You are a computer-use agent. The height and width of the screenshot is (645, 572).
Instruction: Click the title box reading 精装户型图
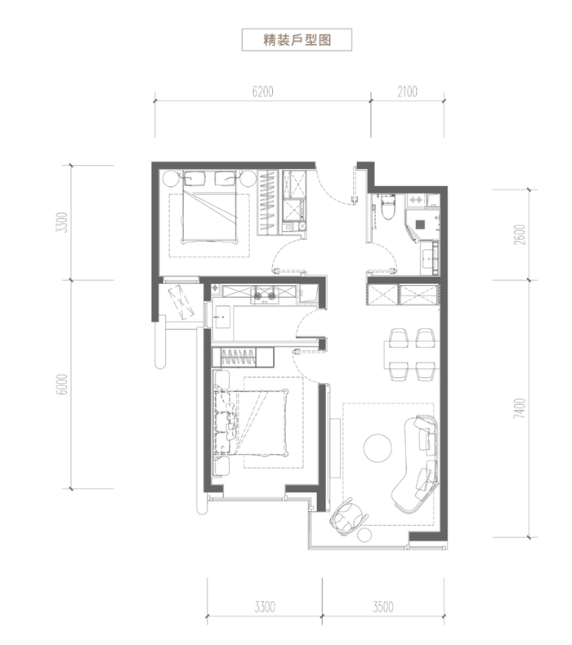297,39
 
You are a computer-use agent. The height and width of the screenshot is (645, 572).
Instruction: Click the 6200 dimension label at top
263,91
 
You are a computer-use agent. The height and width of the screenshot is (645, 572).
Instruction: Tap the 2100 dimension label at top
407,91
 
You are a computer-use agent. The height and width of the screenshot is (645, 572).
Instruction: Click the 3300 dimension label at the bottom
265,607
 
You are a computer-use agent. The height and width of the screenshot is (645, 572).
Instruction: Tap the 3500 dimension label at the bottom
383,607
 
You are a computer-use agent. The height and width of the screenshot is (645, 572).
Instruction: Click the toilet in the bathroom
388,207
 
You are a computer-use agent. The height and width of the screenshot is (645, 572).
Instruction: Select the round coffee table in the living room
378,448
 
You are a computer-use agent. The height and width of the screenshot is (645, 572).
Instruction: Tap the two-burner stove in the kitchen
265,296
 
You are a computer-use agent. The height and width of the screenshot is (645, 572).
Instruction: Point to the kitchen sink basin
223,317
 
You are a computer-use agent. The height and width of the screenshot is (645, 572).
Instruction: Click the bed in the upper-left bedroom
210,207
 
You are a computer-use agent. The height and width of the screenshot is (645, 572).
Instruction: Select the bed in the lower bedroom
251,421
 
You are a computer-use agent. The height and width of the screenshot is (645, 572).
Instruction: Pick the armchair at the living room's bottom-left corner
348,517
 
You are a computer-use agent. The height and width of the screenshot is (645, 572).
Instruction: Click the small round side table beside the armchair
364,535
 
